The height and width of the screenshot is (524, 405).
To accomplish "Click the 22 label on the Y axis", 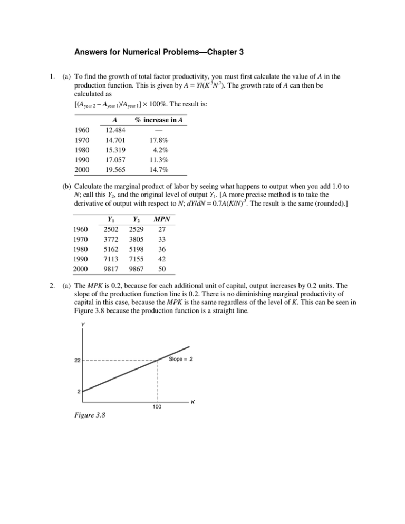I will (x=76, y=361).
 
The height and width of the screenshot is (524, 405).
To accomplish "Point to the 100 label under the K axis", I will (x=157, y=407).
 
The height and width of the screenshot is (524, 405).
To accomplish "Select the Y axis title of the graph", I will (x=83, y=325).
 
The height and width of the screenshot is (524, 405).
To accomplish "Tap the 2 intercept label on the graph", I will (x=79, y=392).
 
